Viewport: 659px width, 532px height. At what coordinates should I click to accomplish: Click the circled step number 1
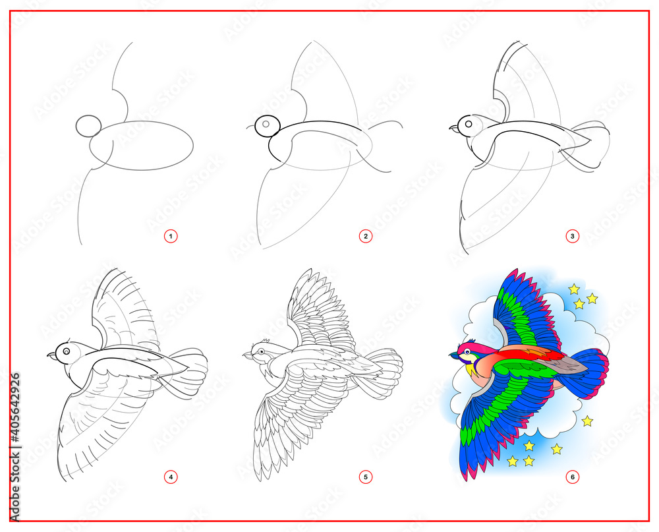(x=171, y=235)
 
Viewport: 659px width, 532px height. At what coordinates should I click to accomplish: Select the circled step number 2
(x=366, y=235)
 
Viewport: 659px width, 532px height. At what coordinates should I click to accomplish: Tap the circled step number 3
(x=573, y=235)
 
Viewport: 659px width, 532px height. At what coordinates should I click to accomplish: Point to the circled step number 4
(x=171, y=475)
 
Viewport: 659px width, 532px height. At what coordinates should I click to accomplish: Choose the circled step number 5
(x=366, y=475)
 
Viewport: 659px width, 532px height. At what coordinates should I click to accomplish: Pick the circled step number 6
(x=573, y=475)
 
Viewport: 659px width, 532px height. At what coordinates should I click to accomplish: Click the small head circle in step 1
(x=88, y=125)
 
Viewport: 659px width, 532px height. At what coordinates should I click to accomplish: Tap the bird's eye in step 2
(x=267, y=123)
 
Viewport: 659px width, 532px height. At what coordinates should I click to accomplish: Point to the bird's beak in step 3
(x=453, y=129)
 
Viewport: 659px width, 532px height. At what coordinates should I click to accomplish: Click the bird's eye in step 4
(x=66, y=351)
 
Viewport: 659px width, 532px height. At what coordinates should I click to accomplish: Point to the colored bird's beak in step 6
(x=455, y=356)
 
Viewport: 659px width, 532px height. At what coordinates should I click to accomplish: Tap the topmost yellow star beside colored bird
(x=574, y=289)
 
